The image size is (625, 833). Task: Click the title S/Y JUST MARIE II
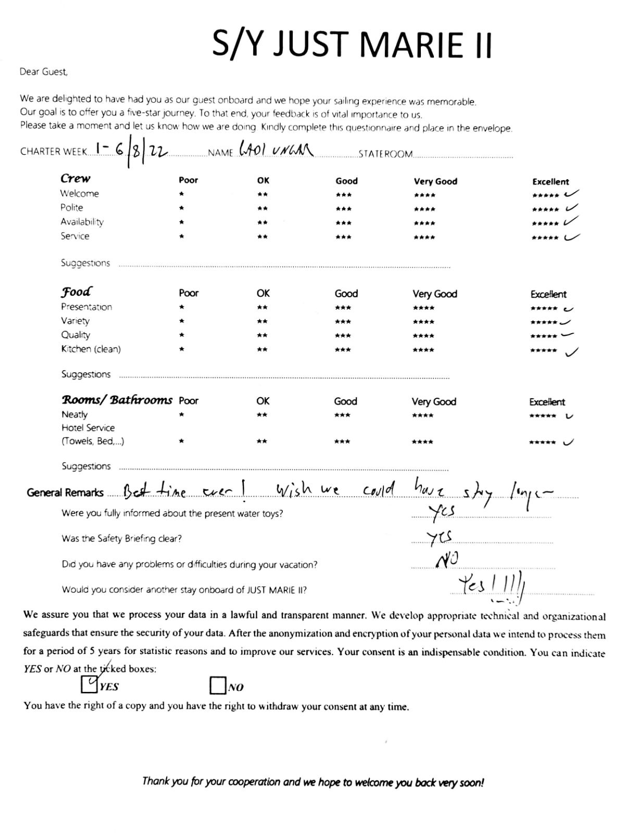[352, 44]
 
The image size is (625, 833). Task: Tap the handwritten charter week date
[130, 151]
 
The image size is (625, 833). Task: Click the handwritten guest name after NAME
[276, 149]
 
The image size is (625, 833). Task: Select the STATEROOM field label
[385, 154]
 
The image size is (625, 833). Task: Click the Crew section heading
[76, 179]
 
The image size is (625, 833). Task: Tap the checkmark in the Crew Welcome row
[571, 194]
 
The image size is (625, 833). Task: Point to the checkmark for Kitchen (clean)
[572, 352]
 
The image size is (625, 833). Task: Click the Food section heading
[76, 292]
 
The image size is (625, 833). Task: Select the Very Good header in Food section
[434, 294]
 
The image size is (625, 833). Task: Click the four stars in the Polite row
[424, 209]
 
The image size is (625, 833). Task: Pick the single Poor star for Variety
[181, 321]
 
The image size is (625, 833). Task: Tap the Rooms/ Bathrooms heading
[117, 400]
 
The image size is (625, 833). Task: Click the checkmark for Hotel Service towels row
[569, 443]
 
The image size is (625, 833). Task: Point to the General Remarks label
[65, 493]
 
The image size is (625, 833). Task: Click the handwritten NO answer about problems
[447, 560]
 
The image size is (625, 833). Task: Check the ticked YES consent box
[90, 684]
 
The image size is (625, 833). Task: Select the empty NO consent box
[218, 686]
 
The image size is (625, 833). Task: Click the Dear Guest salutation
[44, 72]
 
